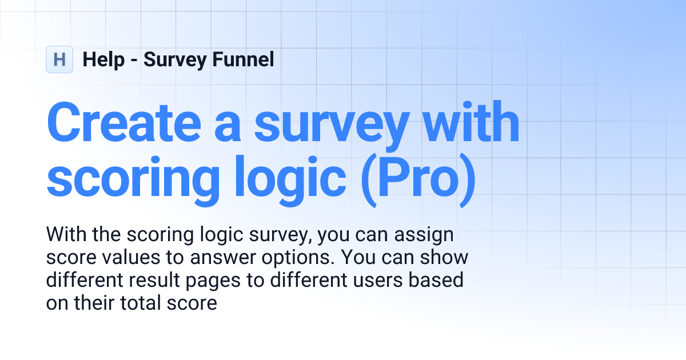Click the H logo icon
(59, 59)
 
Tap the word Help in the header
(103, 59)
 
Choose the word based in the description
(436, 280)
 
